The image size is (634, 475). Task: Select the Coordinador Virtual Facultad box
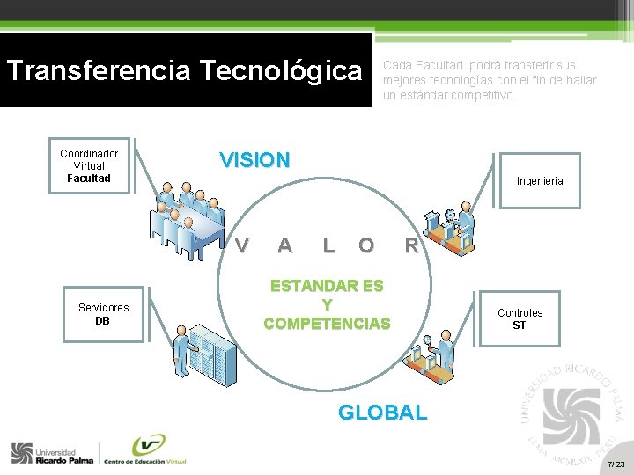[89, 166]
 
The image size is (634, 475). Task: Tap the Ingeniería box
[540, 181]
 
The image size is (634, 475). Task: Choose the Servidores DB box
[103, 314]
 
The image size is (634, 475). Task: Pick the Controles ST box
[520, 318]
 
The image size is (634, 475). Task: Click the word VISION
[254, 160]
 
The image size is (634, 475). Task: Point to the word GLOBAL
[383, 412]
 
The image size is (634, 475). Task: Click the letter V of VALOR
[241, 245]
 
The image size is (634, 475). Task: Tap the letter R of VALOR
[411, 245]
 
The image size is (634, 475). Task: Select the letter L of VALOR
[328, 245]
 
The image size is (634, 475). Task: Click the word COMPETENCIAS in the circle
[327, 323]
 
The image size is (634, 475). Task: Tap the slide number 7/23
[616, 464]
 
